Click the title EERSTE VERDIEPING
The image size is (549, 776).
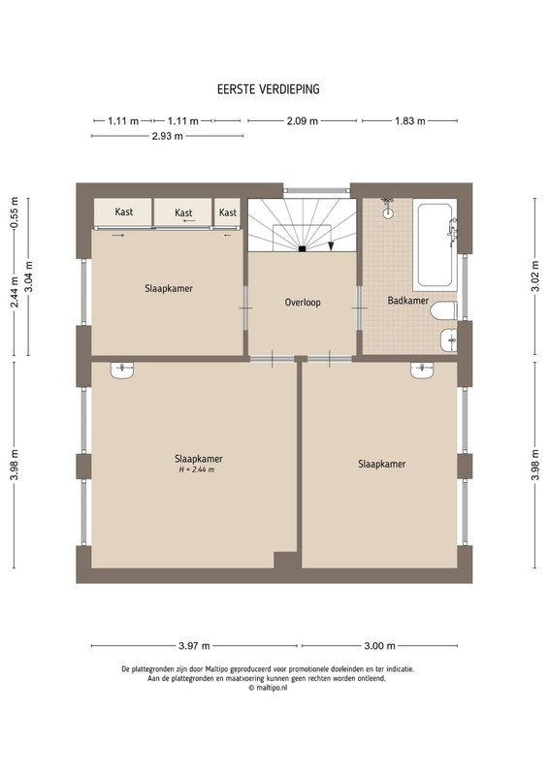pyautogui.click(x=269, y=89)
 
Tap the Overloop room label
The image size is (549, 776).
pyautogui.click(x=303, y=302)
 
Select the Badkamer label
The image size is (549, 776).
pyautogui.click(x=408, y=300)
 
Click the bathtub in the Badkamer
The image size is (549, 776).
pyautogui.click(x=435, y=244)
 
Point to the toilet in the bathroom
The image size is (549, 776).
pyautogui.click(x=443, y=310)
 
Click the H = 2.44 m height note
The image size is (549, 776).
pyautogui.click(x=197, y=469)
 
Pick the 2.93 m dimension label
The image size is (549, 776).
pyautogui.click(x=168, y=136)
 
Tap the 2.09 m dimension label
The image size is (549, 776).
pyautogui.click(x=302, y=120)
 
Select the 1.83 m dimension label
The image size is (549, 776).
pyautogui.click(x=410, y=120)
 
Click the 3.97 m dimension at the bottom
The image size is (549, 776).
pyautogui.click(x=194, y=646)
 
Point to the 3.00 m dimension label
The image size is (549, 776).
pyautogui.click(x=379, y=646)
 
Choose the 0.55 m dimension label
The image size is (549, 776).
pyautogui.click(x=15, y=213)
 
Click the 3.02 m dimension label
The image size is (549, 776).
pyautogui.click(x=535, y=276)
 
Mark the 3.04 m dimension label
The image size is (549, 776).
pyautogui.click(x=29, y=276)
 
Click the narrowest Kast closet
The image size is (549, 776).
pyautogui.click(x=227, y=212)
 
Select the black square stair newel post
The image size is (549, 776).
pyautogui.click(x=302, y=249)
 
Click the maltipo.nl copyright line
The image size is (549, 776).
pyautogui.click(x=268, y=688)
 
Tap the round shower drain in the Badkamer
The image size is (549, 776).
pyautogui.click(x=388, y=213)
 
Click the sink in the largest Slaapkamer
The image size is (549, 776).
pyautogui.click(x=122, y=371)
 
